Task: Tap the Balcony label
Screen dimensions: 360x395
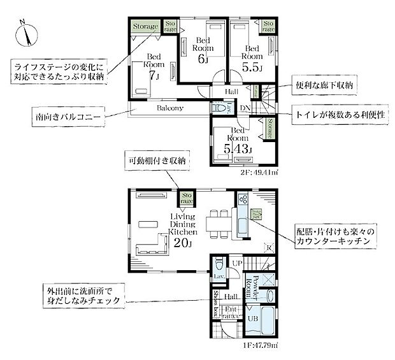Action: coord(170,108)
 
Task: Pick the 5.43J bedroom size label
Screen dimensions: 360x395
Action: coord(236,149)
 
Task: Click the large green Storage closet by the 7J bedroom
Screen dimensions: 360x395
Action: coord(145,27)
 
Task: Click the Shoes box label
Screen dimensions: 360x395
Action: coord(217,302)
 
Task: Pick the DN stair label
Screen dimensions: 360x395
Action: coord(245,108)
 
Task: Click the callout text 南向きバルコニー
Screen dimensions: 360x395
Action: coord(66,117)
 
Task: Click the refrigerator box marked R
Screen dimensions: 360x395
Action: coord(269,247)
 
